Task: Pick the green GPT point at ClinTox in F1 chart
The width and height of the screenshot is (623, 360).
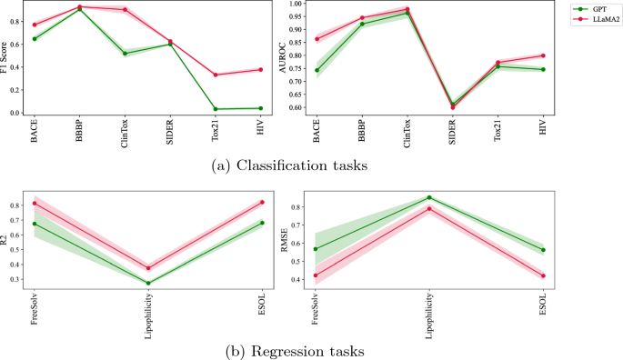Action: pyautogui.click(x=125, y=54)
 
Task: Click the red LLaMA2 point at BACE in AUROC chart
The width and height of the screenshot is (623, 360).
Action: pyautogui.click(x=317, y=39)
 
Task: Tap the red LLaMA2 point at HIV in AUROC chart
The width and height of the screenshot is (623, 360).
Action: pyautogui.click(x=543, y=55)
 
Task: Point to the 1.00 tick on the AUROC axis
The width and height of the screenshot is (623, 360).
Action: pyautogui.click(x=300, y=5)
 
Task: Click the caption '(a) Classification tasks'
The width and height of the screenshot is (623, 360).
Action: pyautogui.click(x=275, y=165)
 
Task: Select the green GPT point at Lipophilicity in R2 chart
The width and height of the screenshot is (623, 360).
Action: pyautogui.click(x=148, y=283)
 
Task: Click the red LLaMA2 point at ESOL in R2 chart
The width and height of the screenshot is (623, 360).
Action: pyautogui.click(x=261, y=202)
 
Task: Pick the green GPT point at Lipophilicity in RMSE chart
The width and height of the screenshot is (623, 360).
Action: pyautogui.click(x=429, y=197)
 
